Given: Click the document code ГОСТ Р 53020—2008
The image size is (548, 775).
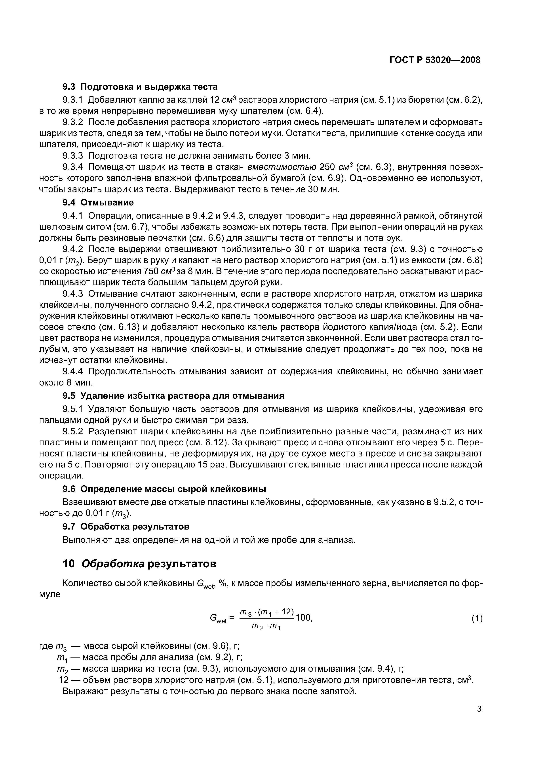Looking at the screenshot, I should click(435, 60).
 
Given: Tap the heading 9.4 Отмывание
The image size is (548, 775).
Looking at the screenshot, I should click(98, 203).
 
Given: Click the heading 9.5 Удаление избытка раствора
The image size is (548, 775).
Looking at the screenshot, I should click(173, 396).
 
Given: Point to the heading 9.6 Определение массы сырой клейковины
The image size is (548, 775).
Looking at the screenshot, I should click(164, 489).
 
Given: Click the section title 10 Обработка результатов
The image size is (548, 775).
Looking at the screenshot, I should click(139, 564).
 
